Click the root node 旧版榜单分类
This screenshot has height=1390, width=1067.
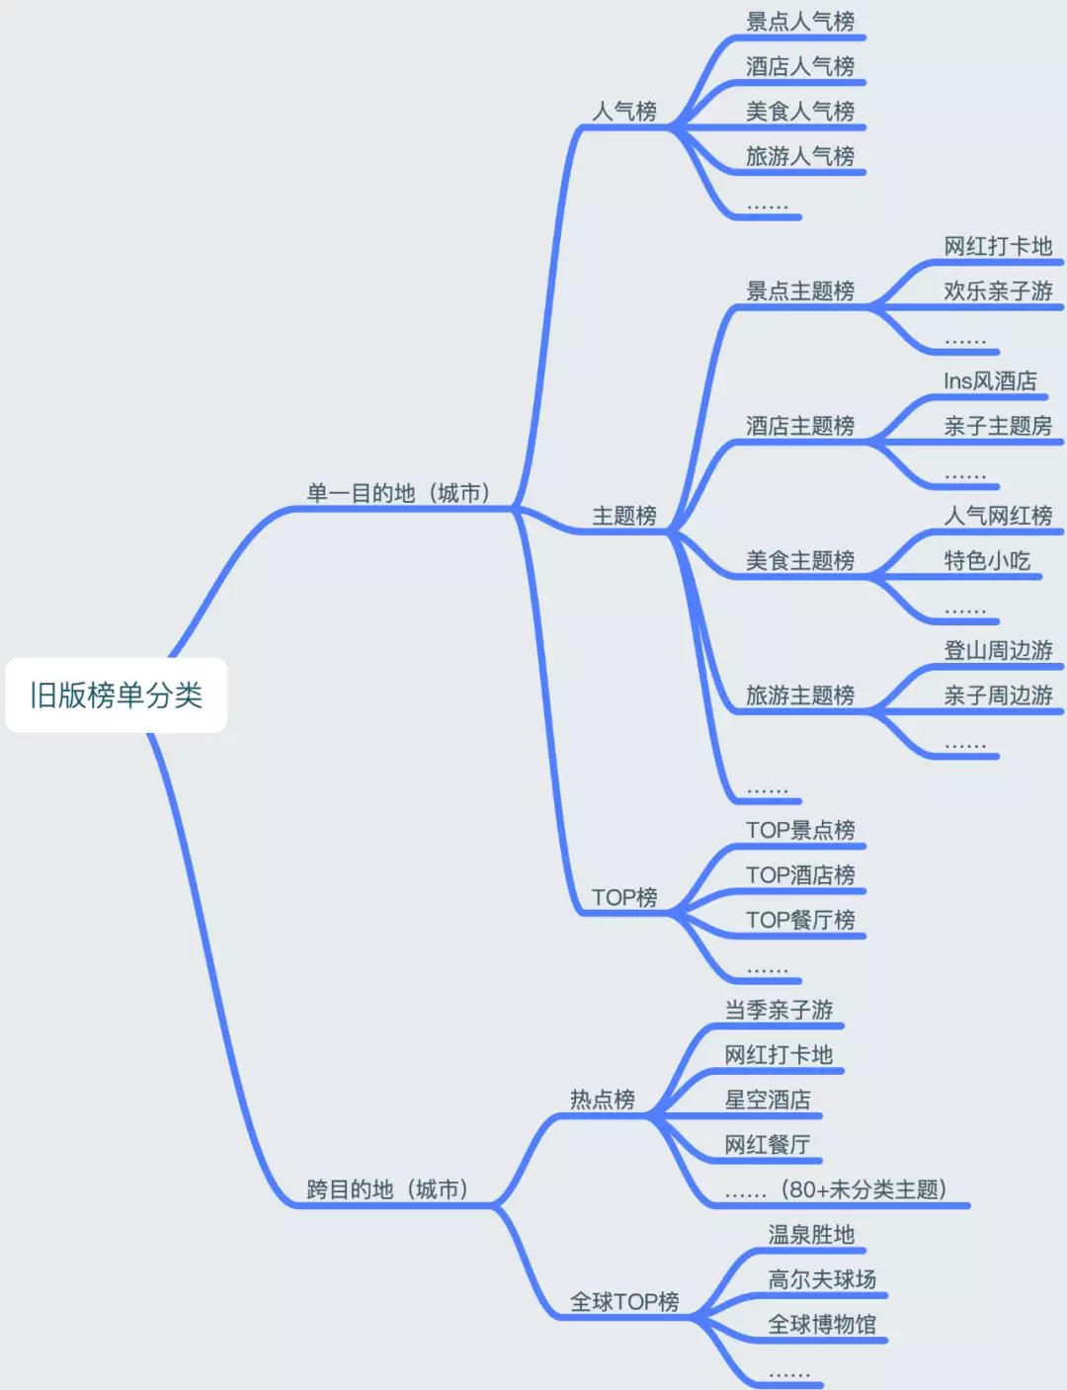pyautogui.click(x=116, y=695)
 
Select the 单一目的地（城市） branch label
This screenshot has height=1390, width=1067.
pyautogui.click(x=399, y=492)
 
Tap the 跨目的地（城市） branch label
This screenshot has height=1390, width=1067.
pyautogui.click(x=388, y=1188)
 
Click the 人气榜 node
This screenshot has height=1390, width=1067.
pyautogui.click(x=624, y=111)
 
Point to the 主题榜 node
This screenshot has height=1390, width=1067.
pyautogui.click(x=624, y=515)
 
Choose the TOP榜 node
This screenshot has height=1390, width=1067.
pyautogui.click(x=624, y=897)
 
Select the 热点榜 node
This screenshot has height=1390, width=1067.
pyautogui.click(x=602, y=1099)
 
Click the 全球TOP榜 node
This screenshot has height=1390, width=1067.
pyautogui.click(x=624, y=1301)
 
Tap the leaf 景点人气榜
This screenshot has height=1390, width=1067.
pyautogui.click(x=800, y=21)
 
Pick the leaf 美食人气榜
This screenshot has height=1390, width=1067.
pyautogui.click(x=800, y=111)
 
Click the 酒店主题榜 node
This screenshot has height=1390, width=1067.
pyautogui.click(x=800, y=425)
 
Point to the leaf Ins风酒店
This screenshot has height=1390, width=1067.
pyautogui.click(x=990, y=380)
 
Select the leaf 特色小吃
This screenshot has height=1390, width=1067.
pyautogui.click(x=987, y=560)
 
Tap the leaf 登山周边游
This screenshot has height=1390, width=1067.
pyautogui.click(x=998, y=650)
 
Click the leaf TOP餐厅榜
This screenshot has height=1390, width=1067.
pyautogui.click(x=800, y=920)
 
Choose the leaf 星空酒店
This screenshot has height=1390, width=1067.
pyautogui.click(x=768, y=1099)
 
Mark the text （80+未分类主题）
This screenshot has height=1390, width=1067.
pyautogui.click(x=863, y=1188)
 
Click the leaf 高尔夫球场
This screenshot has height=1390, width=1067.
pyautogui.click(x=822, y=1278)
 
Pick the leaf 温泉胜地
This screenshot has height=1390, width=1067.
pyautogui.click(x=811, y=1234)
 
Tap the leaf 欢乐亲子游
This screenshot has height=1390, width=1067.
pyautogui.click(x=998, y=290)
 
